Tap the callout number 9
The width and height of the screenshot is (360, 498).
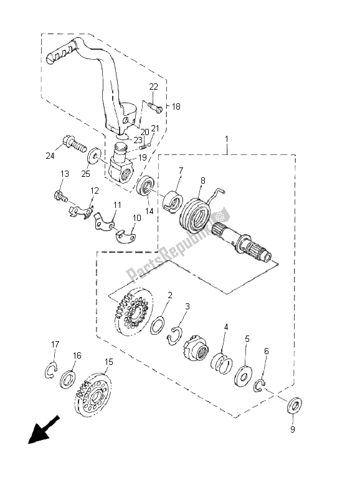tap(292, 429)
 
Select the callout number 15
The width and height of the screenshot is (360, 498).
tap(109, 362)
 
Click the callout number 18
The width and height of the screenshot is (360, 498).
tap(176, 107)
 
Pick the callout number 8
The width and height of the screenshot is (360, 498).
tap(202, 181)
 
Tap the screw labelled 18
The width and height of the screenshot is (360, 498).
tap(156, 110)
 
